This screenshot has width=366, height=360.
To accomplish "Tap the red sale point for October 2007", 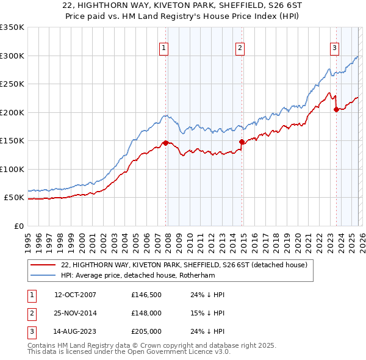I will tap(165, 143).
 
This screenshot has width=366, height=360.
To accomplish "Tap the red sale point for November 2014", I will tap(242, 142).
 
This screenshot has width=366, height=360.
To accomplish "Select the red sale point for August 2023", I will tap(336, 110).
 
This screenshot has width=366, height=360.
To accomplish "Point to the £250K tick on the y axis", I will tap(12, 84).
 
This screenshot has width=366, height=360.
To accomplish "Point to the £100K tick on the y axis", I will tap(12, 170).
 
